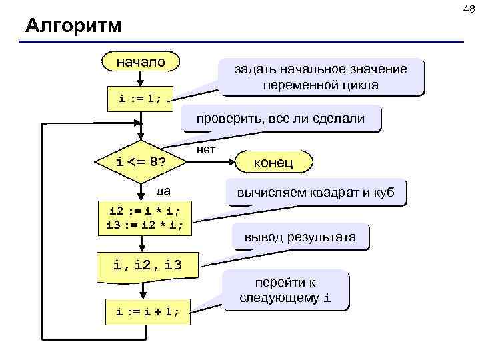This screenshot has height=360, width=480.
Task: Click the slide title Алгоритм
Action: [73, 26]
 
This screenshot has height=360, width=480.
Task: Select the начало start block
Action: [141, 62]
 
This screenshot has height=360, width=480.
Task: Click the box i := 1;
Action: [141, 99]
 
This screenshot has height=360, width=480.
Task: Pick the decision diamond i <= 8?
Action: [141, 161]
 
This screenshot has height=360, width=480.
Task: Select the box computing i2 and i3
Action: [145, 217]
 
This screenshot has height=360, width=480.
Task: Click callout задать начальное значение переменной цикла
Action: [320, 77]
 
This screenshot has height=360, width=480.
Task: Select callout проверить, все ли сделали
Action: [280, 119]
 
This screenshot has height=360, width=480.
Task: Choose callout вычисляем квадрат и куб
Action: [315, 193]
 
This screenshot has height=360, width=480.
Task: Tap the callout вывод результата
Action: [300, 236]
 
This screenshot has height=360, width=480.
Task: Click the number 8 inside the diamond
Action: [154, 161]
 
